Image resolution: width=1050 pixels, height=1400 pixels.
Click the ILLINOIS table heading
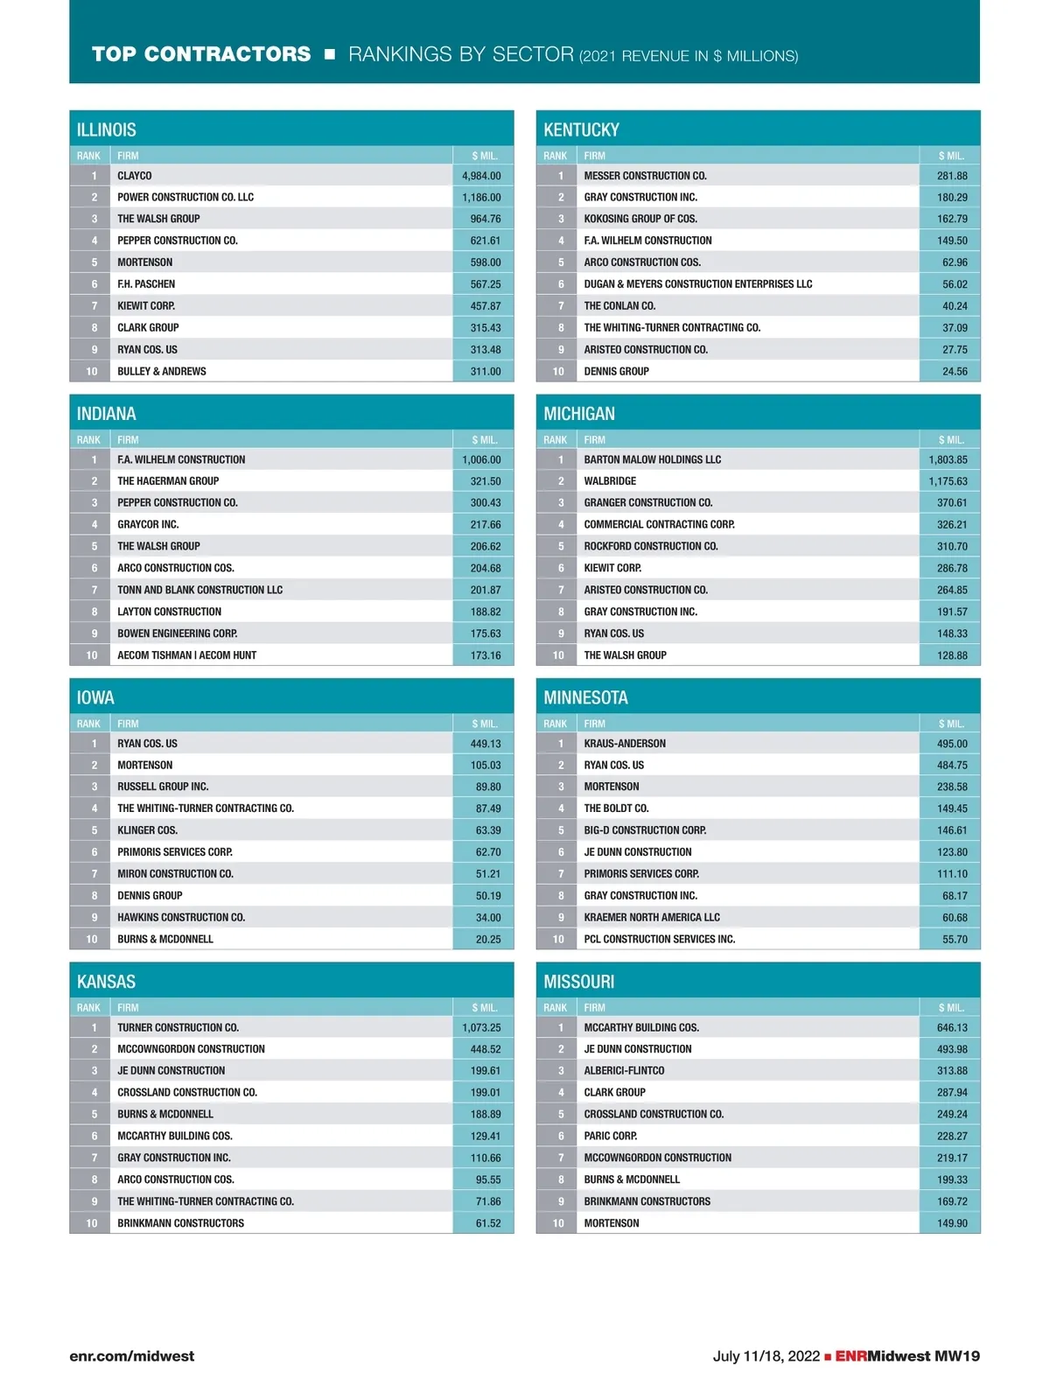pos(107,130)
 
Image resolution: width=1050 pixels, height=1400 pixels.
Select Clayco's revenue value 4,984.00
pos(481,176)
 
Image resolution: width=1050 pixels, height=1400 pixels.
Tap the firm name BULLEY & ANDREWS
pos(162,372)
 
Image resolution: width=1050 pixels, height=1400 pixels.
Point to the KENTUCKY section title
pos(581,130)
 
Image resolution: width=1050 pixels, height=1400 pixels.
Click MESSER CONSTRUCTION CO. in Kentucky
pos(645,176)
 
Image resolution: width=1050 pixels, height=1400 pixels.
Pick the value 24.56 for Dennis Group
pos(955,372)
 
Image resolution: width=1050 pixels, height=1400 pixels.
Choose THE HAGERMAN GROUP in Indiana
pos(168,481)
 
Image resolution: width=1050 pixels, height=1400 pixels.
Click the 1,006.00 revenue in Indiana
pos(481,459)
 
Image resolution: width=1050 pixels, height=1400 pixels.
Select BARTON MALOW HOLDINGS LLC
pos(652,459)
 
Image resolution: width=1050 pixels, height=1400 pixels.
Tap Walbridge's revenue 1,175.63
pos(948,481)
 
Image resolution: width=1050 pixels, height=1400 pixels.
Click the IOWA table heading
pos(95,697)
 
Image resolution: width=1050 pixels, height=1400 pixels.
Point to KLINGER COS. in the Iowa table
pos(147,830)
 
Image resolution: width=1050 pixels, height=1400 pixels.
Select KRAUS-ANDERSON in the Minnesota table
pos(625,744)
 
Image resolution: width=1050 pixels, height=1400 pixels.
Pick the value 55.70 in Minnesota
pos(955,939)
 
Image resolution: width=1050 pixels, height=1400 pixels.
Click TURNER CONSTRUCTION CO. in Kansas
pos(178,1027)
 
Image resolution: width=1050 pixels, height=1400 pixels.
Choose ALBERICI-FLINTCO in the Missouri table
pos(624,1071)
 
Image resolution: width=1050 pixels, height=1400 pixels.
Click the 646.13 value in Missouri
pos(952,1027)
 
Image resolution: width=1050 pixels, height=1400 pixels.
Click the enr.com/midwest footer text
pos(132,1356)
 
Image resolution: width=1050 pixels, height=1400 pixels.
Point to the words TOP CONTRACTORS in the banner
pos(201,54)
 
